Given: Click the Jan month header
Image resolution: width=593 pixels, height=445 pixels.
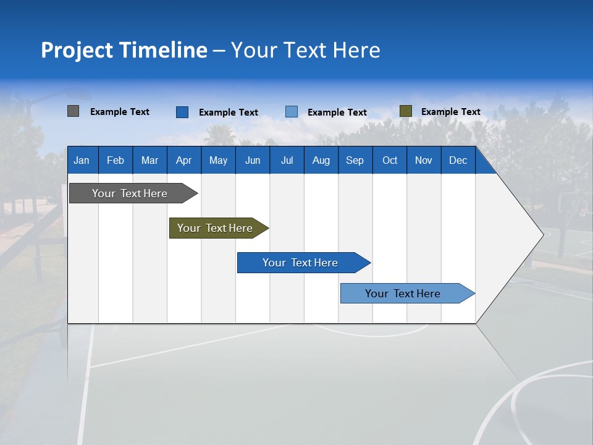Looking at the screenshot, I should [82, 160].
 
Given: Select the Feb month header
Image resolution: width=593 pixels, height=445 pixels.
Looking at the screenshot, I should [116, 160].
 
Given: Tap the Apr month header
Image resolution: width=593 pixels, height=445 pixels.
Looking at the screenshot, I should [183, 160].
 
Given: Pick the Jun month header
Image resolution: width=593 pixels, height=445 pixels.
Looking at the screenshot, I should [253, 160].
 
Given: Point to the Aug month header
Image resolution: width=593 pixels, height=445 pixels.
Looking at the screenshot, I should [321, 160].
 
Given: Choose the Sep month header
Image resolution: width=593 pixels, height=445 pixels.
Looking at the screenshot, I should [355, 160].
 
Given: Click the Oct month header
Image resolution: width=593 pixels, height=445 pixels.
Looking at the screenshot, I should [390, 160].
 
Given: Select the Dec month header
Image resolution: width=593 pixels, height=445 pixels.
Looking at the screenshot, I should [458, 160].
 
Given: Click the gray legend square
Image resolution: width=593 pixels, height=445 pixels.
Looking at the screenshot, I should [74, 111].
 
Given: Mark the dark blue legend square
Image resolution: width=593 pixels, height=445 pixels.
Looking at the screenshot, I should [182, 112].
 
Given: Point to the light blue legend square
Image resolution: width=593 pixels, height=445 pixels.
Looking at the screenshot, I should [292, 112].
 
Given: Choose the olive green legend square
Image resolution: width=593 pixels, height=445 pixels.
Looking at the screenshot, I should [405, 111].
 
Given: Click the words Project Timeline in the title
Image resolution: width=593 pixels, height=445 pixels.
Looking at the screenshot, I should [124, 50].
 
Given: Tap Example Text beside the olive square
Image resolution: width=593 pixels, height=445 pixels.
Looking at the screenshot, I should [450, 112].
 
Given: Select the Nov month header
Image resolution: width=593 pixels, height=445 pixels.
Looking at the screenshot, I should [423, 160].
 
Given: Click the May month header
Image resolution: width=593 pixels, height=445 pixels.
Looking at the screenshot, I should [218, 160].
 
